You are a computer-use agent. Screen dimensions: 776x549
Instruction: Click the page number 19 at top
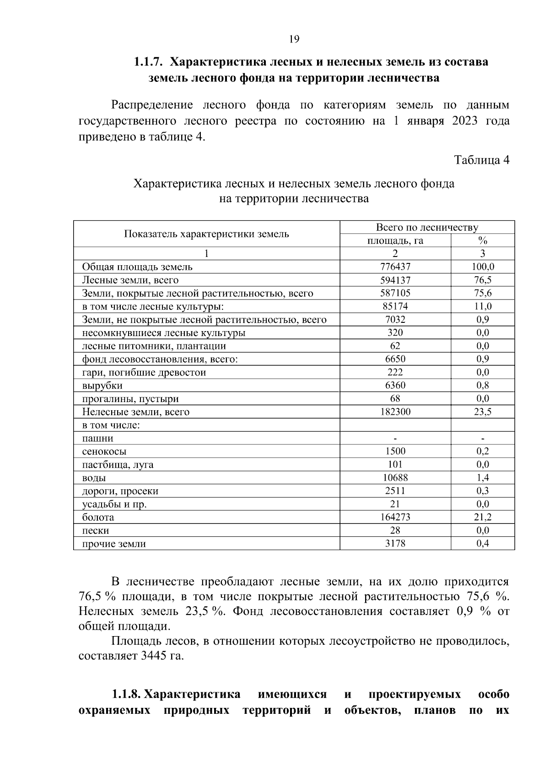[x=294, y=39]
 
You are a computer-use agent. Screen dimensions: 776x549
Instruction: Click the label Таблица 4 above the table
[x=481, y=160]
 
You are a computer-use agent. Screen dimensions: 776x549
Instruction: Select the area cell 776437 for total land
[x=395, y=267]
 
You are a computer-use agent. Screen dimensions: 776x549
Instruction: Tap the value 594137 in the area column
[x=395, y=280]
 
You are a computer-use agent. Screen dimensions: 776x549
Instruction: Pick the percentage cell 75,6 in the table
[x=483, y=293]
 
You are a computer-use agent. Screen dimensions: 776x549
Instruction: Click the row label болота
[x=98, y=518]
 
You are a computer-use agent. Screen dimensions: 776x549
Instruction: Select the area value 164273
[x=395, y=517]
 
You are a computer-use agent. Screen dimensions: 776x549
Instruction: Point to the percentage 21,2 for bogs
[x=483, y=517]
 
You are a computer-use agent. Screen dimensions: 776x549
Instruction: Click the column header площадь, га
[x=395, y=241]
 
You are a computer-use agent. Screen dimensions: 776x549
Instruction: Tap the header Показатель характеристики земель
[x=206, y=234]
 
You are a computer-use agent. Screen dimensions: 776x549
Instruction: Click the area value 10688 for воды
[x=395, y=478]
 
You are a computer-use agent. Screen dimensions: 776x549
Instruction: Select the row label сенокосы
[x=104, y=452]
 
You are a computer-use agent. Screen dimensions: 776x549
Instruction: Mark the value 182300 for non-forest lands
[x=395, y=412]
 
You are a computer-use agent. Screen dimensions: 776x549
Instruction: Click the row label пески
[x=95, y=531]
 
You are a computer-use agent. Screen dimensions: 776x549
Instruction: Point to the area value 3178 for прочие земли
[x=395, y=544]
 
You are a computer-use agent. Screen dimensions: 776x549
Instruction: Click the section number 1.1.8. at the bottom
[x=127, y=695]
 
